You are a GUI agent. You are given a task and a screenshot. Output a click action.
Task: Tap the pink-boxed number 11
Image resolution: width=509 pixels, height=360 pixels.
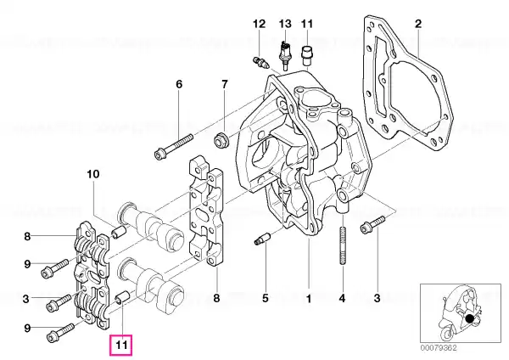(x=120, y=346)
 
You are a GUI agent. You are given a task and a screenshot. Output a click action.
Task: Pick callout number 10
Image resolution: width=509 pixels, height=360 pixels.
(x=92, y=175)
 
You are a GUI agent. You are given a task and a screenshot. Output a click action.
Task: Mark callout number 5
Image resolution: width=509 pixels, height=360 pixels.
(x=265, y=298)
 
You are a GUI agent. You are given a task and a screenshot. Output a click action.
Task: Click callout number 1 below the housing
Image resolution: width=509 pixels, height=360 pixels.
(x=309, y=298)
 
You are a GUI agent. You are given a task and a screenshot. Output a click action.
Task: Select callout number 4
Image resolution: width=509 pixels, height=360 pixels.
(x=343, y=298)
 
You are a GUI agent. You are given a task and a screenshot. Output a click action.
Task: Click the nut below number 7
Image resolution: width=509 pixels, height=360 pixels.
(x=220, y=139)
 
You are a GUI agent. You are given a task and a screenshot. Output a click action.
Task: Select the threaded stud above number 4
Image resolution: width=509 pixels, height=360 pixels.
(x=342, y=247)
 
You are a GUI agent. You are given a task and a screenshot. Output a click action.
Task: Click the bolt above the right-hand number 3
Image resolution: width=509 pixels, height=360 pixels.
(x=371, y=228)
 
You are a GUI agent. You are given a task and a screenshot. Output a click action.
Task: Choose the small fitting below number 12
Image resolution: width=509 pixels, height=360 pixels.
(x=260, y=60)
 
